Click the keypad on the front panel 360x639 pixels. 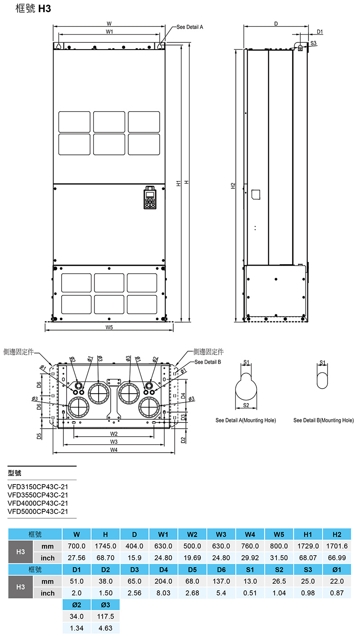tap(150, 197)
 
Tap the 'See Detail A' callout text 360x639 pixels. tap(190, 27)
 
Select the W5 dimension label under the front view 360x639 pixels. tap(109, 327)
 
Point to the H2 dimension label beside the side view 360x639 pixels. tap(233, 186)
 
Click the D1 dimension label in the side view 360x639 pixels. tap(320, 32)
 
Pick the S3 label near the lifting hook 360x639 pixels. tap(313, 43)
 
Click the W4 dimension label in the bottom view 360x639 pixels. tap(114, 450)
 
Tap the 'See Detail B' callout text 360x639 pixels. tap(208, 362)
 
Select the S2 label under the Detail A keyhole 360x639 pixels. tap(246, 405)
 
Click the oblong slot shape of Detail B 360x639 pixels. tap(322, 380)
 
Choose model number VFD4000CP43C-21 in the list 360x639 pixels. tap(38, 503)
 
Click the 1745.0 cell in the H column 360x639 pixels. tap(105, 546)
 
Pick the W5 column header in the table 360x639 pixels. tap(279, 535)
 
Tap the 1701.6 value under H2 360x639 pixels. tap(337, 546)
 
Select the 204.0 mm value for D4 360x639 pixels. tap(164, 581)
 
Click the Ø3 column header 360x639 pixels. tap(105, 605)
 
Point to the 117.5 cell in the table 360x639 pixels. tap(105, 616)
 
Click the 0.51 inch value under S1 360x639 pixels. tap(250, 593)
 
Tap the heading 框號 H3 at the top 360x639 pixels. tap(33, 9)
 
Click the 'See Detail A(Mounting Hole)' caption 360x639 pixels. tap(246, 420)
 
